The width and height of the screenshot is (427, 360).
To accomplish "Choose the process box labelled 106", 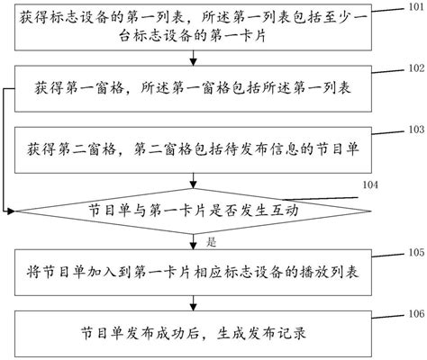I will coord(195,331).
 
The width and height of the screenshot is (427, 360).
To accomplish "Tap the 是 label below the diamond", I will coord(213,242).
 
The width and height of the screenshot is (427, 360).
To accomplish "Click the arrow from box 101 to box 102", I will coord(195,60).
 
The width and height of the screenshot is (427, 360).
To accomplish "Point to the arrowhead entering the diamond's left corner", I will coord(11,211).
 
